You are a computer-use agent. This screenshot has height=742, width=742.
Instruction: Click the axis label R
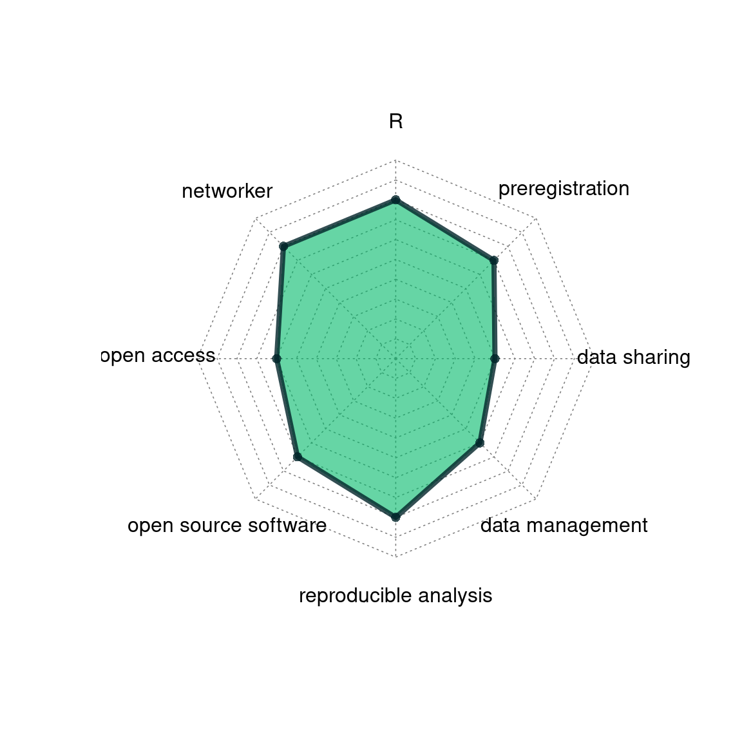point(395,122)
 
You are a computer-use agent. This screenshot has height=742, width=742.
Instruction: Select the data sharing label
point(634,357)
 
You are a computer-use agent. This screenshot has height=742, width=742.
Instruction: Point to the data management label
point(564,526)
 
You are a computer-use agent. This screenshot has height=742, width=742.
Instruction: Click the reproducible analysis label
point(395,596)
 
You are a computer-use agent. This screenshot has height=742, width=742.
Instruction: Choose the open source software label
point(227,526)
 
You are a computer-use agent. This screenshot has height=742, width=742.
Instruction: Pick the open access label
point(158,356)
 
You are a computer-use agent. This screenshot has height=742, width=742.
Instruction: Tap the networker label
point(227,191)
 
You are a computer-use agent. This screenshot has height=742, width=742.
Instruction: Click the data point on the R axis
point(395,200)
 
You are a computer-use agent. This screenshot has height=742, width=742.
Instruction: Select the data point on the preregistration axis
point(493,260)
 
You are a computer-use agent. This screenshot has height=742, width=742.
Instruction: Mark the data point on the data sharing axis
point(495,359)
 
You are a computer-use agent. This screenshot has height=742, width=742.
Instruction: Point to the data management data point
point(479,443)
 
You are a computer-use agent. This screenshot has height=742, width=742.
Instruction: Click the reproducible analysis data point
point(395,517)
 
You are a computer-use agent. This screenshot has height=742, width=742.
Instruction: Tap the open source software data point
point(297,457)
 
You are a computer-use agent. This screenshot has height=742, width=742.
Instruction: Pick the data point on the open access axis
point(277,359)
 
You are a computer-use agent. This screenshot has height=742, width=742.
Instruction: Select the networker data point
point(283,246)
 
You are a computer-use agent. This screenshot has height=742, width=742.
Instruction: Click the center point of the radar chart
point(395,359)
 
